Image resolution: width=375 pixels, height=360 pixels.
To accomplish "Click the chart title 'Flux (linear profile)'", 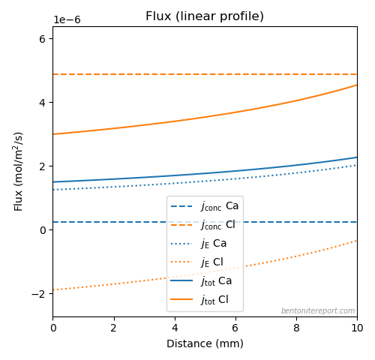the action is [x=205, y=16].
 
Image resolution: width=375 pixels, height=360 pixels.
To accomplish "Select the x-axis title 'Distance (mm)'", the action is [x=205, y=343].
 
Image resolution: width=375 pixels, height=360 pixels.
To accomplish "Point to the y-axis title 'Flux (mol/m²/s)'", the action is [x=18, y=172].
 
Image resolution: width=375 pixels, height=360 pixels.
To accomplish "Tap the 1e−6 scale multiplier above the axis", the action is [x=67, y=19].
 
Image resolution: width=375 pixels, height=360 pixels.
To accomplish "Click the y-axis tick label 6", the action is [x=43, y=39].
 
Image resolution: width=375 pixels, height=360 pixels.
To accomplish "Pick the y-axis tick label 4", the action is [x=43, y=103].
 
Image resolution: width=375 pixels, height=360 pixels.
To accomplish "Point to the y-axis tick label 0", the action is [x=43, y=230].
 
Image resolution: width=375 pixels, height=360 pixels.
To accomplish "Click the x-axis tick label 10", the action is [x=357, y=328].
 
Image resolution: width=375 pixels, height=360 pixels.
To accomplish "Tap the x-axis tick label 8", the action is [x=296, y=328].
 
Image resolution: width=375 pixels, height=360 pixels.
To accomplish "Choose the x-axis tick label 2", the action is [x=114, y=328].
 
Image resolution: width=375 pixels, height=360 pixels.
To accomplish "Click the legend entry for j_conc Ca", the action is [x=205, y=206].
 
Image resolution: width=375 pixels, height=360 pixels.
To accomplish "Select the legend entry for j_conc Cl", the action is [x=202, y=225].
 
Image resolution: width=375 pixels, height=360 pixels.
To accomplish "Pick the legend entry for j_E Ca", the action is [x=199, y=244].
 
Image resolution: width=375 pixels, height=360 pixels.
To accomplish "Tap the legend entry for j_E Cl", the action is [x=196, y=262].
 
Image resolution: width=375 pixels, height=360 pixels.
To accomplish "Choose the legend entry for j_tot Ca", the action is [x=201, y=281].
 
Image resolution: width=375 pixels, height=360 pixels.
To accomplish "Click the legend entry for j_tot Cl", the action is [x=199, y=300].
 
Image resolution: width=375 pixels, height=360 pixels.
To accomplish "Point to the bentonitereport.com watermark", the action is [x=318, y=310].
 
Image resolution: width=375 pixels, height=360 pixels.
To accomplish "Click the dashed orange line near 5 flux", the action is [x=205, y=74].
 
